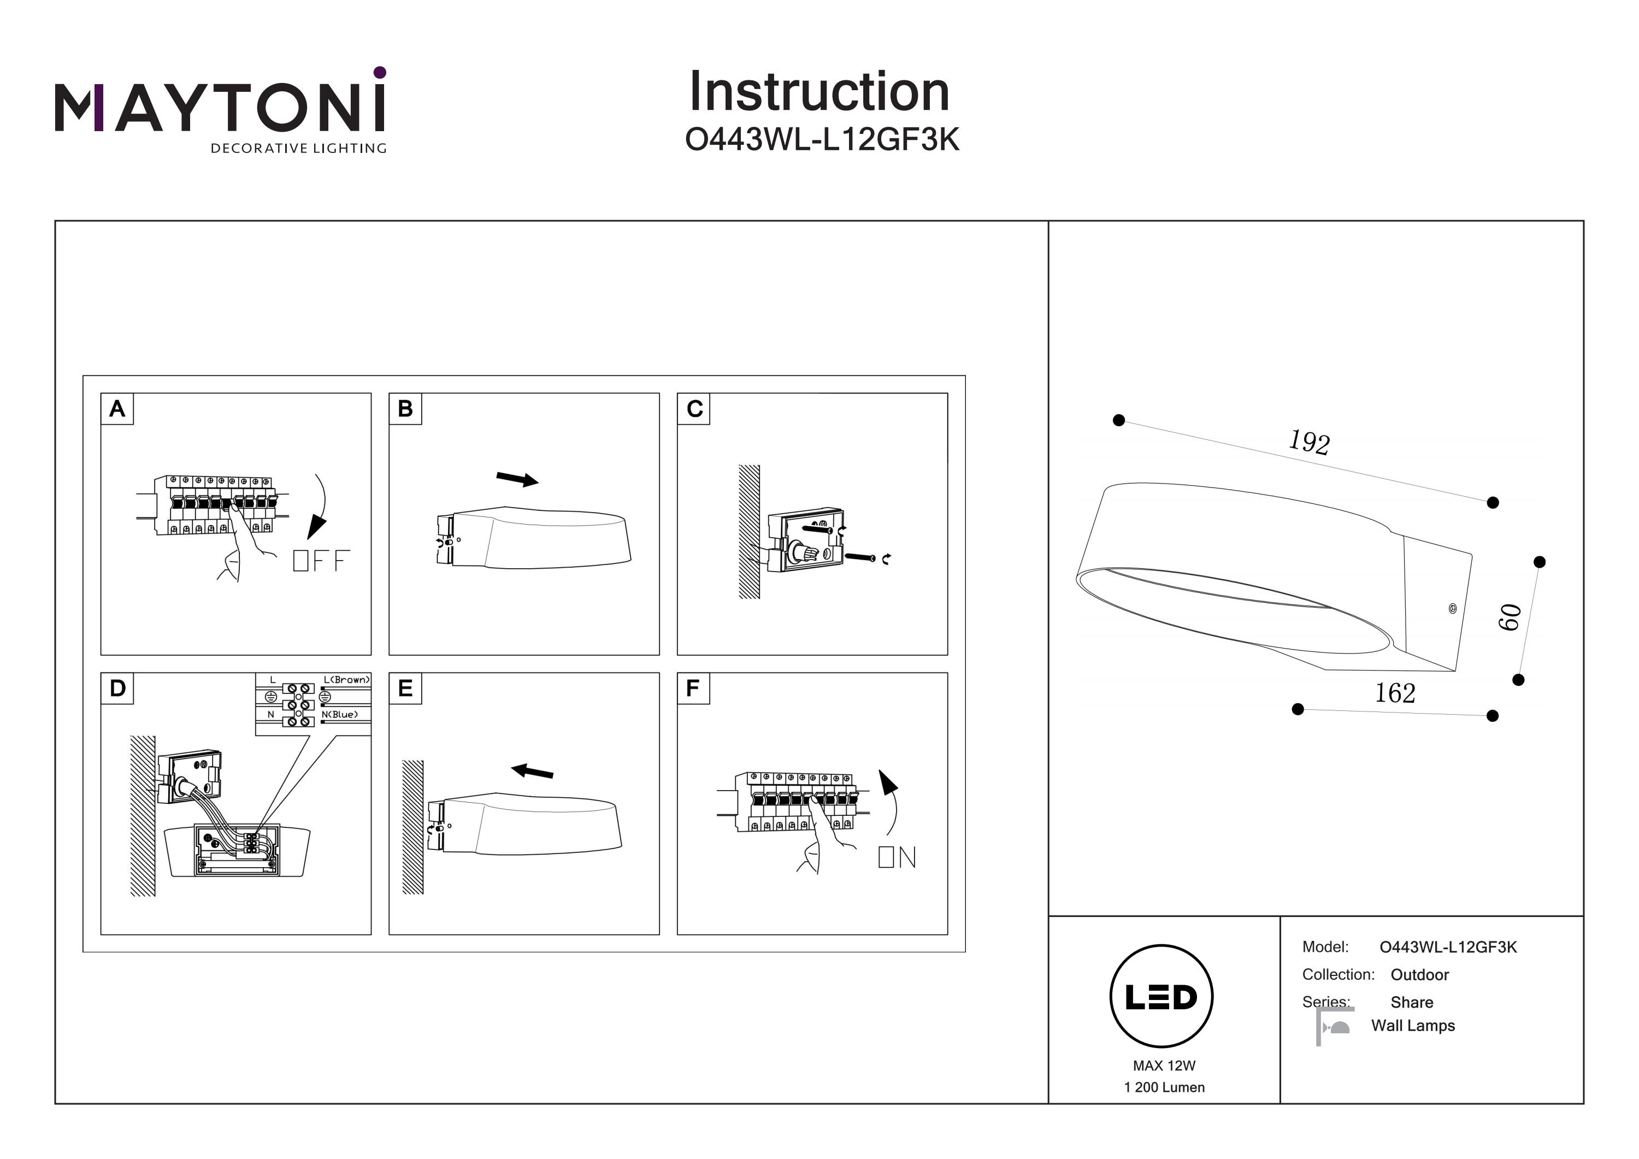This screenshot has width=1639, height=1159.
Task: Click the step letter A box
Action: point(117,409)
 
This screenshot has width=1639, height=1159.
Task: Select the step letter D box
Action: point(117,689)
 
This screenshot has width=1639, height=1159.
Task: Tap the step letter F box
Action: point(692,689)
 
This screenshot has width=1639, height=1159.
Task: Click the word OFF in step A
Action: point(321,561)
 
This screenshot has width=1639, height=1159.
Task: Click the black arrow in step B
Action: point(517,479)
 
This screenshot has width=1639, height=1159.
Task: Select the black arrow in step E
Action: point(533,771)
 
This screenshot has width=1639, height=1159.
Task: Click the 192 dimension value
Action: point(1308,442)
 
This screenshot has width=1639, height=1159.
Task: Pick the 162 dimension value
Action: point(1395,693)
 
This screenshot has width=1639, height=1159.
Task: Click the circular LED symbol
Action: point(1162,996)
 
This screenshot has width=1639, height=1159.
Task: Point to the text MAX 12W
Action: point(1164,1066)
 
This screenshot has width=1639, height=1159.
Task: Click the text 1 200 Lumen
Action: point(1164,1087)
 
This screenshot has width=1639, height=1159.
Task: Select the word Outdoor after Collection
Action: point(1419,975)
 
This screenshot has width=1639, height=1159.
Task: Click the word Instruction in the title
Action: point(819,92)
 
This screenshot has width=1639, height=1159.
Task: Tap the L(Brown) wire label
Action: point(346,680)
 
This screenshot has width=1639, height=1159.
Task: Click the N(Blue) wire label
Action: point(340,714)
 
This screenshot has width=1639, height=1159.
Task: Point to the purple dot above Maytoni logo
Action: point(380,72)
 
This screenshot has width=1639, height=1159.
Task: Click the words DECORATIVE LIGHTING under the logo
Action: point(298,149)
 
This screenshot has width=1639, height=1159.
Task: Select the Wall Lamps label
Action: point(1413,1026)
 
